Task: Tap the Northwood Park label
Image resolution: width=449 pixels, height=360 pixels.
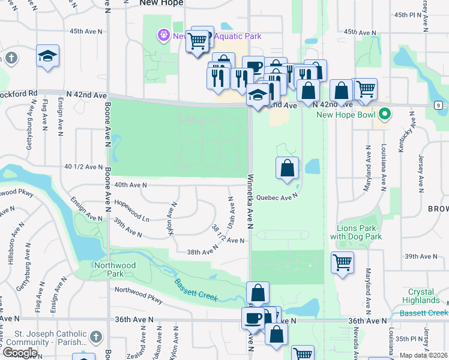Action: pyautogui.click(x=115, y=269)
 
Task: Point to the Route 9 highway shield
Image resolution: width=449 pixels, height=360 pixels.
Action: pyautogui.click(x=439, y=104)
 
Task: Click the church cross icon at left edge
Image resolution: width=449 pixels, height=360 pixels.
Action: pyautogui.click(x=10, y=58)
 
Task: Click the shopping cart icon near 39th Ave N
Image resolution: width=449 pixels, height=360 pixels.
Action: pyautogui.click(x=342, y=262)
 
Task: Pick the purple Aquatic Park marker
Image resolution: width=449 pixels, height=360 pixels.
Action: pyautogui.click(x=163, y=36)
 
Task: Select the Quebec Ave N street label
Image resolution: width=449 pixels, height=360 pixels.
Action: pyautogui.click(x=277, y=197)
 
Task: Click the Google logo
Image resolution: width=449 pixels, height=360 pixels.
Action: pyautogui.click(x=20, y=352)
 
